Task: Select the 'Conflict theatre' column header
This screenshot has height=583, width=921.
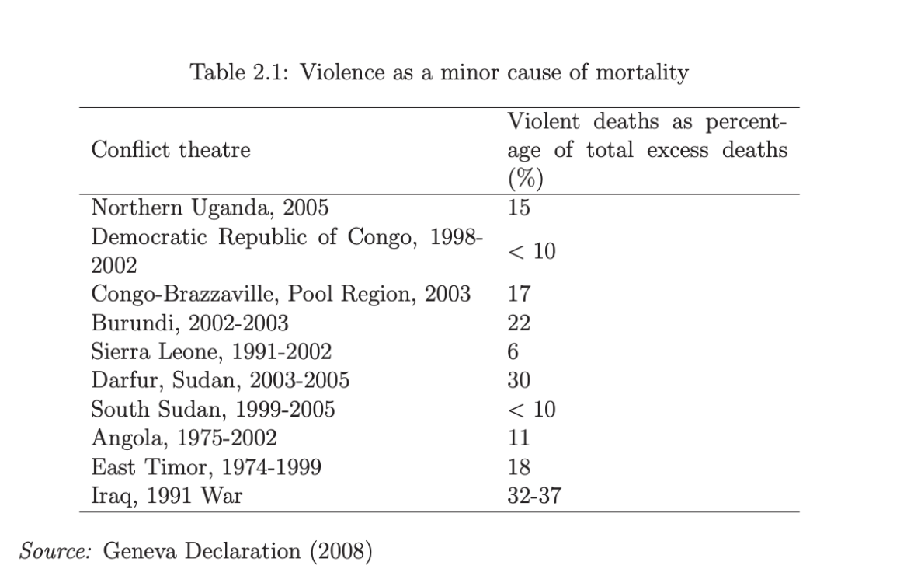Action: tap(171, 149)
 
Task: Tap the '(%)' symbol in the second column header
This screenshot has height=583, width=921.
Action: tap(525, 178)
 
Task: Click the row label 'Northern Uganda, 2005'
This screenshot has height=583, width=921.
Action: tap(210, 208)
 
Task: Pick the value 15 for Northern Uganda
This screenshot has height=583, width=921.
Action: tap(519, 208)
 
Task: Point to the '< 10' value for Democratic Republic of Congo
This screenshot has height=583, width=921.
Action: tap(532, 251)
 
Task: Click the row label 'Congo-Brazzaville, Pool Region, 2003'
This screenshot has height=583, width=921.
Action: tap(280, 294)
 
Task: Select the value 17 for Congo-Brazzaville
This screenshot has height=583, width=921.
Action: tap(519, 294)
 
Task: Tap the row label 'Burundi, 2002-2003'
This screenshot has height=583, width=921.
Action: tap(189, 323)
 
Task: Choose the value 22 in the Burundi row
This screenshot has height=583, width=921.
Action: tap(519, 323)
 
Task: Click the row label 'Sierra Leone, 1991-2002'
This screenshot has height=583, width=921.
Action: tap(211, 351)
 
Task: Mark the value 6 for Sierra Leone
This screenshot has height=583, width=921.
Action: tap(513, 351)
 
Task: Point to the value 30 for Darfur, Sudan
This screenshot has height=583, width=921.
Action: tap(519, 380)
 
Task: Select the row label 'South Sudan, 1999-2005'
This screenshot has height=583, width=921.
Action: tap(213, 409)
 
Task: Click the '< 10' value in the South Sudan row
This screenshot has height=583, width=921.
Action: tap(532, 409)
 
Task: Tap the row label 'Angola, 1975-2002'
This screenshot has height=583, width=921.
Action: tap(184, 438)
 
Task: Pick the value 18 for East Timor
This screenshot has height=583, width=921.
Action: tap(519, 466)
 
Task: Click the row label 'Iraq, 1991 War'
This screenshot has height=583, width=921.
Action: tap(166, 495)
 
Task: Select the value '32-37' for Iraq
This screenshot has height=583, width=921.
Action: tap(533, 495)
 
